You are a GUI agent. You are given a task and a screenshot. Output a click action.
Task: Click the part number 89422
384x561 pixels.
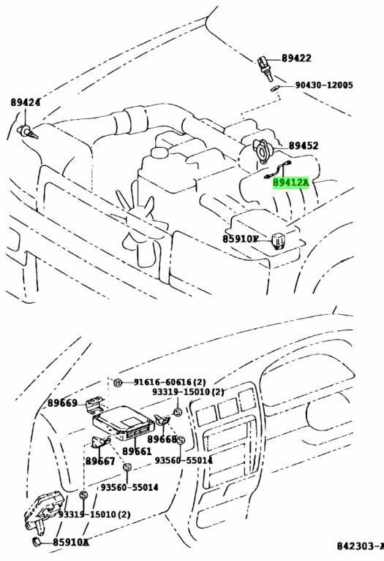coord(296,58)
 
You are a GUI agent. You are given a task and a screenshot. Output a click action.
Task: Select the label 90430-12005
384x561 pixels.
coord(324,85)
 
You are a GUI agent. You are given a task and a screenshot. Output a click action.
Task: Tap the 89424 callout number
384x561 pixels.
coord(25,103)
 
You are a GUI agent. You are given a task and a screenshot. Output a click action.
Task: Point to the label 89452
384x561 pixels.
coord(304,145)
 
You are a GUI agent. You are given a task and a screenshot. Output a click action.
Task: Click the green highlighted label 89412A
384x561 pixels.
coord(290,183)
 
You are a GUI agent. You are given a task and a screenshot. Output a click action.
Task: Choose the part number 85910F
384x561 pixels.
coord(241,239)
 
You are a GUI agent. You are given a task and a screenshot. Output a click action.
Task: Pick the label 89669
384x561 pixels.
coord(62,403)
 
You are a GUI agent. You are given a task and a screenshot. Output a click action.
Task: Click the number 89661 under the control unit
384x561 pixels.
coord(137,451)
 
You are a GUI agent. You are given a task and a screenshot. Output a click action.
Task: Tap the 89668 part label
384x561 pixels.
coord(162,439)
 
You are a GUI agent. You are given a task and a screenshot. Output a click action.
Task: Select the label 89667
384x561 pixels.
coord(100,461)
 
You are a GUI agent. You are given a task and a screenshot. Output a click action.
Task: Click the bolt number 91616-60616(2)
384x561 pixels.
coord(170,383)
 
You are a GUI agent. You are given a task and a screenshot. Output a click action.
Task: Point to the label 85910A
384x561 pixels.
coord(70,543)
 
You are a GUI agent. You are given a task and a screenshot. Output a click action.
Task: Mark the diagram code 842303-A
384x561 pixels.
coord(359,546)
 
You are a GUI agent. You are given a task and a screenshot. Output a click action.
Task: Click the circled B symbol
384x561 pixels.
coord(118,383)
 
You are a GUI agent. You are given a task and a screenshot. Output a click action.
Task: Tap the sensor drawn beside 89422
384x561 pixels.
coord(266,69)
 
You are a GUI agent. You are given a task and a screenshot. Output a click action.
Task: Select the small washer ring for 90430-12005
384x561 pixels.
coord(275,88)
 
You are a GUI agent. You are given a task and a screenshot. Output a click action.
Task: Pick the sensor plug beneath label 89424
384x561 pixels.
coord(27,132)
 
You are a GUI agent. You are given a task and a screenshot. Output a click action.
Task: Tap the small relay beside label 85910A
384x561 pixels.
coord(37,542)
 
